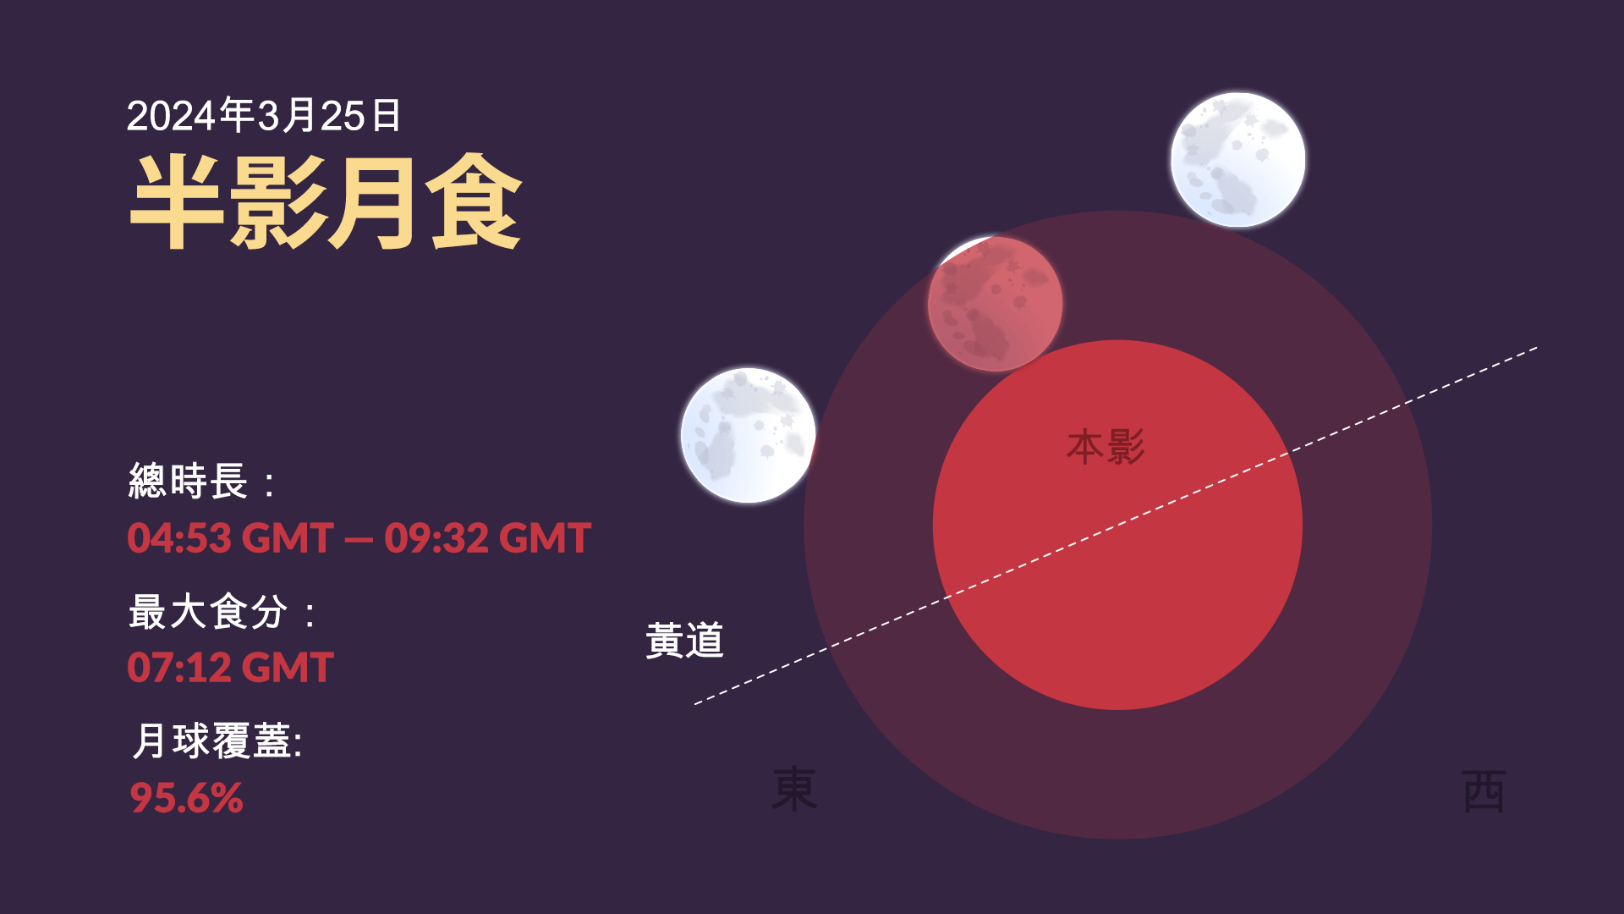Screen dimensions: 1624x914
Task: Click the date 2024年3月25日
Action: (x=264, y=115)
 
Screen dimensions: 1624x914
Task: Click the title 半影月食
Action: (x=326, y=201)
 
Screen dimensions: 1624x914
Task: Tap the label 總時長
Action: (x=188, y=482)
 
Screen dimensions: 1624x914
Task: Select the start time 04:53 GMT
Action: (x=230, y=538)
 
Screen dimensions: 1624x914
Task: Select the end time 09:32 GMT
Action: (x=488, y=538)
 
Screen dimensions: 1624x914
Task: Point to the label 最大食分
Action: (x=208, y=611)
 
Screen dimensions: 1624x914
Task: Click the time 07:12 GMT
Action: (x=230, y=668)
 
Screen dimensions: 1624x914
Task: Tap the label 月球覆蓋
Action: (x=211, y=741)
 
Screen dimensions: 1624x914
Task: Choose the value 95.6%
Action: (x=186, y=798)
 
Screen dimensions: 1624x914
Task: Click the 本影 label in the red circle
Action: (x=1106, y=447)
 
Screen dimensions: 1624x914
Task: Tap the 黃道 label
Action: (x=685, y=641)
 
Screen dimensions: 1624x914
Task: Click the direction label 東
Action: (x=794, y=790)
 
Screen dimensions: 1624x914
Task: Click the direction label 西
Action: (x=1484, y=791)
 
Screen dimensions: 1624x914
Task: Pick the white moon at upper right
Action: (x=1237, y=160)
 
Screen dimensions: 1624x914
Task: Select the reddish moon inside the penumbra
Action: (x=995, y=304)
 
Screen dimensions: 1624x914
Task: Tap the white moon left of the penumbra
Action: (x=749, y=435)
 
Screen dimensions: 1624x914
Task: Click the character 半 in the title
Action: (x=177, y=201)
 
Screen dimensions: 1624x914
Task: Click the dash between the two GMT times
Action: (x=359, y=540)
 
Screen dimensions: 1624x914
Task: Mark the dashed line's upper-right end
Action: (x=1537, y=348)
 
